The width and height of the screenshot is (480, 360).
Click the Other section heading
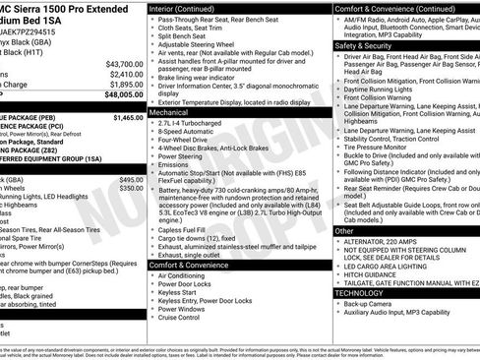[x=343, y=230]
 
